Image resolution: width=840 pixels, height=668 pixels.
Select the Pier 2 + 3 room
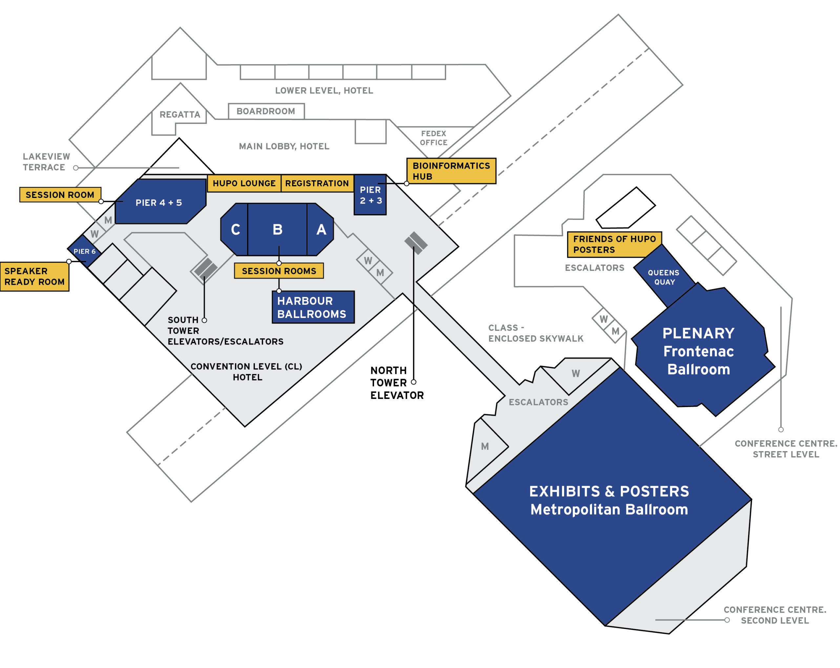(x=370, y=195)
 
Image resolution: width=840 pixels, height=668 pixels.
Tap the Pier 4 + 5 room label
(x=158, y=203)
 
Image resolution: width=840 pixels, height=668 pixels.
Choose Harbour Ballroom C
(x=235, y=230)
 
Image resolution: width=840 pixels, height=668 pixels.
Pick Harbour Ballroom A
(x=321, y=230)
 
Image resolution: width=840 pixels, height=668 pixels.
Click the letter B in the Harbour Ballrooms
(x=277, y=230)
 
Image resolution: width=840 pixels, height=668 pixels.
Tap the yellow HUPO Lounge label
(x=244, y=183)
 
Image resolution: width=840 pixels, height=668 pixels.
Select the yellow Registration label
(x=317, y=183)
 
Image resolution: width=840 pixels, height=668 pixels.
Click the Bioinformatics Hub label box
(x=451, y=171)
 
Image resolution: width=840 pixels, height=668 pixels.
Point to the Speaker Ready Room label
(x=34, y=276)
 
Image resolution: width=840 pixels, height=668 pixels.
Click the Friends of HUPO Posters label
(x=614, y=245)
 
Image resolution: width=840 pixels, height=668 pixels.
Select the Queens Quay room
(x=664, y=277)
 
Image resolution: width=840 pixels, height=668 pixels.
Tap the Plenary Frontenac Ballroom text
(x=699, y=351)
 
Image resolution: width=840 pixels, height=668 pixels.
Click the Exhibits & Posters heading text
(x=609, y=492)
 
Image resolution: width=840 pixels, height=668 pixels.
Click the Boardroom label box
(x=266, y=111)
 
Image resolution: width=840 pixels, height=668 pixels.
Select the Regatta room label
(x=179, y=114)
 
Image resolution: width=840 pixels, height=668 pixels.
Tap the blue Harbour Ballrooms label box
(x=313, y=307)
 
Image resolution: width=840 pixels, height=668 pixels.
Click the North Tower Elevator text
(x=397, y=383)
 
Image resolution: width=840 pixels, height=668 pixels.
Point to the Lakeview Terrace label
(x=46, y=162)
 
